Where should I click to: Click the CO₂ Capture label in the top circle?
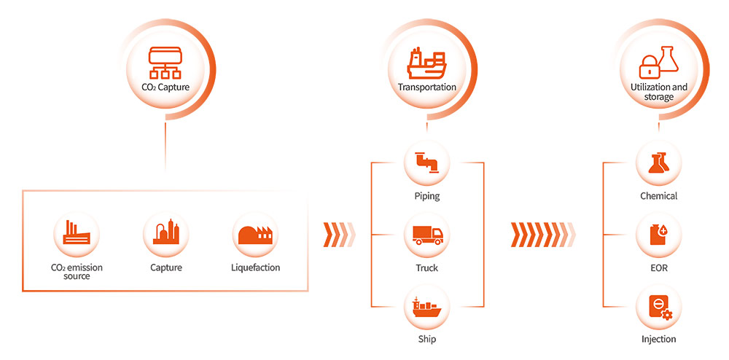pos(165,87)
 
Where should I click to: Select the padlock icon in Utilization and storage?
pos(649,67)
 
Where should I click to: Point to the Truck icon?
pos(426,235)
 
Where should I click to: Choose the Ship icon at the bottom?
pos(426,305)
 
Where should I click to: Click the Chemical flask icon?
pos(658,161)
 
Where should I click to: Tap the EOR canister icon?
pos(658,235)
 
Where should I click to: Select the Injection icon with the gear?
pos(658,306)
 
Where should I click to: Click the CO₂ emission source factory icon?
pos(76,233)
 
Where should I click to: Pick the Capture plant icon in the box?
pos(165,233)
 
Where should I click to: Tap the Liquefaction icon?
pos(254,233)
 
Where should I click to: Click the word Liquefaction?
pos(254,267)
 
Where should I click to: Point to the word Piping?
pos(426,196)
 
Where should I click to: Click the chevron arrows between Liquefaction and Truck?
pos(338,235)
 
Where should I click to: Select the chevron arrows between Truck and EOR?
pos(542,235)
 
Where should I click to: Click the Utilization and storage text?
pos(658,92)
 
